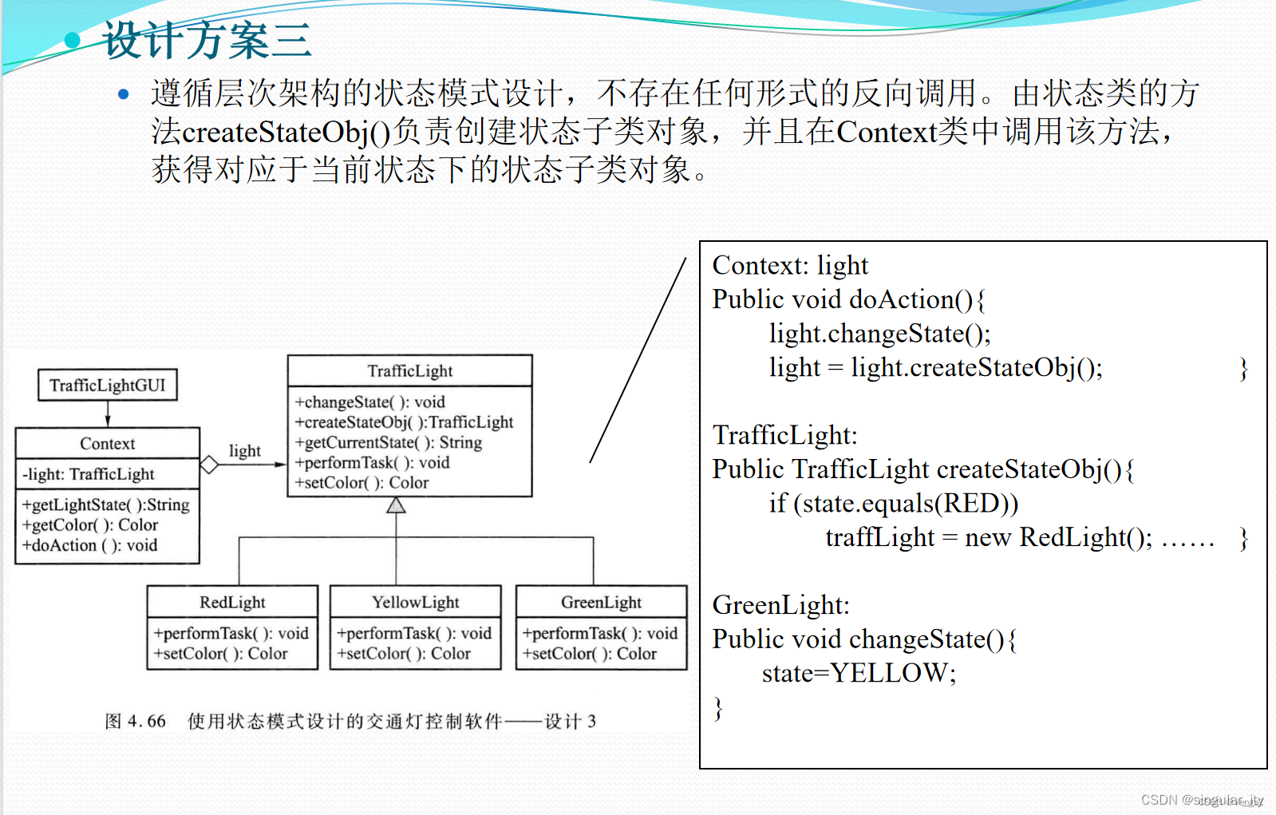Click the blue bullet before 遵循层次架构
(x=123, y=94)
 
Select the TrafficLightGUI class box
(x=108, y=386)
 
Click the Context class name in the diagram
(x=108, y=444)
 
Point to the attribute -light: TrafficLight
(x=89, y=474)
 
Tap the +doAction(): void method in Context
(x=90, y=545)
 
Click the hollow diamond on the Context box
(x=209, y=465)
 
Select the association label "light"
(x=244, y=451)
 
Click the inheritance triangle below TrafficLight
(x=397, y=505)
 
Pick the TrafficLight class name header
(x=410, y=371)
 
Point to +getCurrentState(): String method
(x=389, y=442)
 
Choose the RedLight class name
(x=232, y=603)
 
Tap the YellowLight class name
(x=416, y=603)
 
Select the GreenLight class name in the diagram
(x=601, y=603)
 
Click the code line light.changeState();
(x=879, y=334)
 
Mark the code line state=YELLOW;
(x=859, y=674)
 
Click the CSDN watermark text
(x=1202, y=800)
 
